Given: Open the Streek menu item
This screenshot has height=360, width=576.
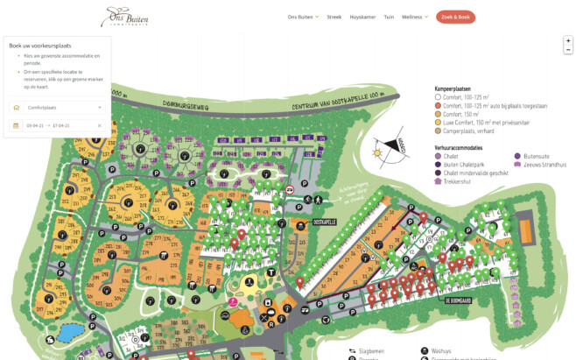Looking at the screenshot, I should [334, 17].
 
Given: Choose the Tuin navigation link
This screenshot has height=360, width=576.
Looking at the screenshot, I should [389, 17].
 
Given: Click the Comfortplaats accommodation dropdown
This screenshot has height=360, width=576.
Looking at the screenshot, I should [57, 107].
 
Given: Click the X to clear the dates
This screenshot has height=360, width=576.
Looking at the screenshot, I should [100, 125].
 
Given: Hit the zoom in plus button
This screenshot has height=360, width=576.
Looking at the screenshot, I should [567, 40].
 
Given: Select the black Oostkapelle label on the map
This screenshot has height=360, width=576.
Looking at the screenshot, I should [323, 222].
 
